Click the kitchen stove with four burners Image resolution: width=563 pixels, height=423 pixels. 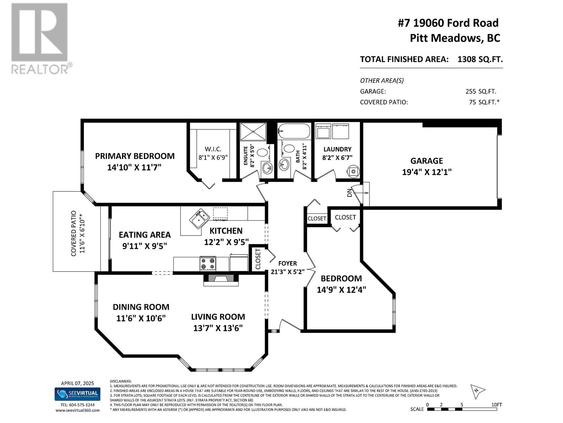pyautogui.click(x=208, y=263)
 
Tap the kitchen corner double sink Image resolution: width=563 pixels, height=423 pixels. pyautogui.click(x=199, y=219)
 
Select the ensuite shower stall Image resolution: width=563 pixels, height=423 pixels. pyautogui.click(x=253, y=131)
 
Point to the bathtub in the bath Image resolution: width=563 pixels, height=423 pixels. pyautogui.click(x=294, y=131)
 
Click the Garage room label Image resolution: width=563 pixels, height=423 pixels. pyautogui.click(x=426, y=161)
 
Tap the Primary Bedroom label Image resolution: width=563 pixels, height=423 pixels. pyautogui.click(x=135, y=156)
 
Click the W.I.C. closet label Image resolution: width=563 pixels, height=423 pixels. pyautogui.click(x=213, y=149)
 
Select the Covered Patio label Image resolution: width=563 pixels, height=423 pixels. pyautogui.click(x=74, y=233)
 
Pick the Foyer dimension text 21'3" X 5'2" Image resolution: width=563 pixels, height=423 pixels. pyautogui.click(x=287, y=271)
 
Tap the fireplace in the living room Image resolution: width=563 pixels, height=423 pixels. pyautogui.click(x=221, y=280)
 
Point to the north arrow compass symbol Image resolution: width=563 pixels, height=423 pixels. pyautogui.click(x=477, y=391)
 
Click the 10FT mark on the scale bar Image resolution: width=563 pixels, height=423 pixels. pyautogui.click(x=496, y=405)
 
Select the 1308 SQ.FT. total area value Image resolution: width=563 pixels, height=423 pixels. pyautogui.click(x=480, y=59)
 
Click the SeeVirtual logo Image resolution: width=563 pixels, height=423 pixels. pyautogui.click(x=77, y=394)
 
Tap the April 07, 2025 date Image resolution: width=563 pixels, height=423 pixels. pyautogui.click(x=77, y=383)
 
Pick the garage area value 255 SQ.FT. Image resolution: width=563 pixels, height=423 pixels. pyautogui.click(x=481, y=91)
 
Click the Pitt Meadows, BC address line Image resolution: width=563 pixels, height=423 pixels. pyautogui.click(x=455, y=38)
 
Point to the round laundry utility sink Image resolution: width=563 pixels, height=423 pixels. pyautogui.click(x=353, y=171)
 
